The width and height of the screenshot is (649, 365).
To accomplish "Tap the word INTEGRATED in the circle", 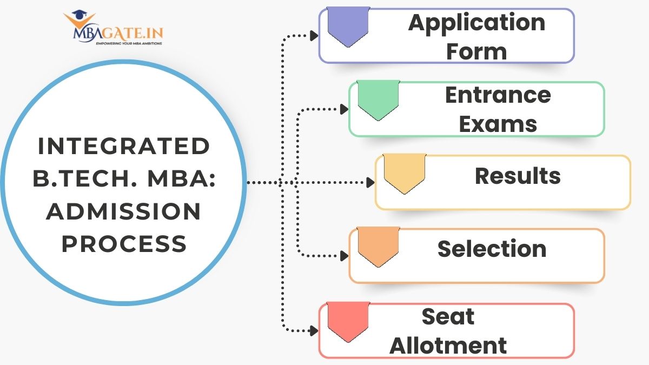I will click(x=123, y=147).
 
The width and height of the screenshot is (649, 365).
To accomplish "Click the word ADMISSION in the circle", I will click(x=123, y=212).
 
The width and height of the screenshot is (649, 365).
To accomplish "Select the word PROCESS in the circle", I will click(x=124, y=244).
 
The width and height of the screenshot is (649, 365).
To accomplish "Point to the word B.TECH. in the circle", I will click(x=78, y=180).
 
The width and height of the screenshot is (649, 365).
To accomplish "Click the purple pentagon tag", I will click(x=349, y=26).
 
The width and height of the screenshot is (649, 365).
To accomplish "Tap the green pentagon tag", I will click(x=379, y=100).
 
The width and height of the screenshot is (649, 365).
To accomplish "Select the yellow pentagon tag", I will click(x=405, y=174).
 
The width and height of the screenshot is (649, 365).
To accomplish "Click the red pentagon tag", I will click(x=349, y=321).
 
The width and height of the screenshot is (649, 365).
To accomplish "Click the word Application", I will click(x=476, y=23).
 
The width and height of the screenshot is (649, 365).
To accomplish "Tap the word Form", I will click(x=476, y=52).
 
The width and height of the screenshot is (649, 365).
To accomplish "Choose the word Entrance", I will click(x=498, y=95).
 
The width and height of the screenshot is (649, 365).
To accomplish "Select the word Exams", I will click(x=498, y=124).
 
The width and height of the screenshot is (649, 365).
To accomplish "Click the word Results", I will click(x=518, y=176).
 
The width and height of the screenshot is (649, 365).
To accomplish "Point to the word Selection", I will click(x=492, y=249).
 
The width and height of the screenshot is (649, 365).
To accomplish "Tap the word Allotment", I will click(x=448, y=346).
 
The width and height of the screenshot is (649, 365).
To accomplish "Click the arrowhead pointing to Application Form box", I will click(x=314, y=36).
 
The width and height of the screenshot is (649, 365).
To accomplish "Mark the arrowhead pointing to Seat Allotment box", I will click(x=314, y=329).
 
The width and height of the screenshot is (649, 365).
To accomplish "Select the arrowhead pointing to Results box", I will click(x=370, y=183).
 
